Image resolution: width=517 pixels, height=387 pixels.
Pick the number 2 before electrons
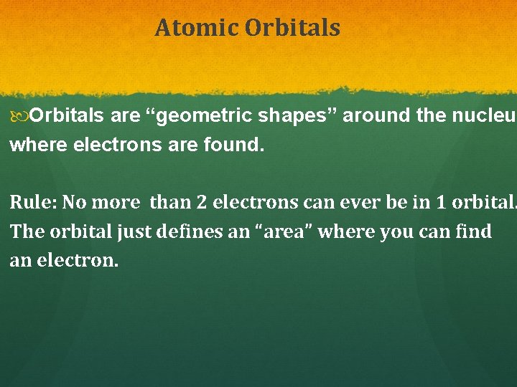pos(201,202)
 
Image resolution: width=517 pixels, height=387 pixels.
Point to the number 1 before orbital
pos(421,202)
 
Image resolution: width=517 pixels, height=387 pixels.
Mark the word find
pos(474,232)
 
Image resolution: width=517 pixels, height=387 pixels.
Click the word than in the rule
pos(169,202)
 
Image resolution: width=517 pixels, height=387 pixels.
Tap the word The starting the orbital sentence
pos(25,232)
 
